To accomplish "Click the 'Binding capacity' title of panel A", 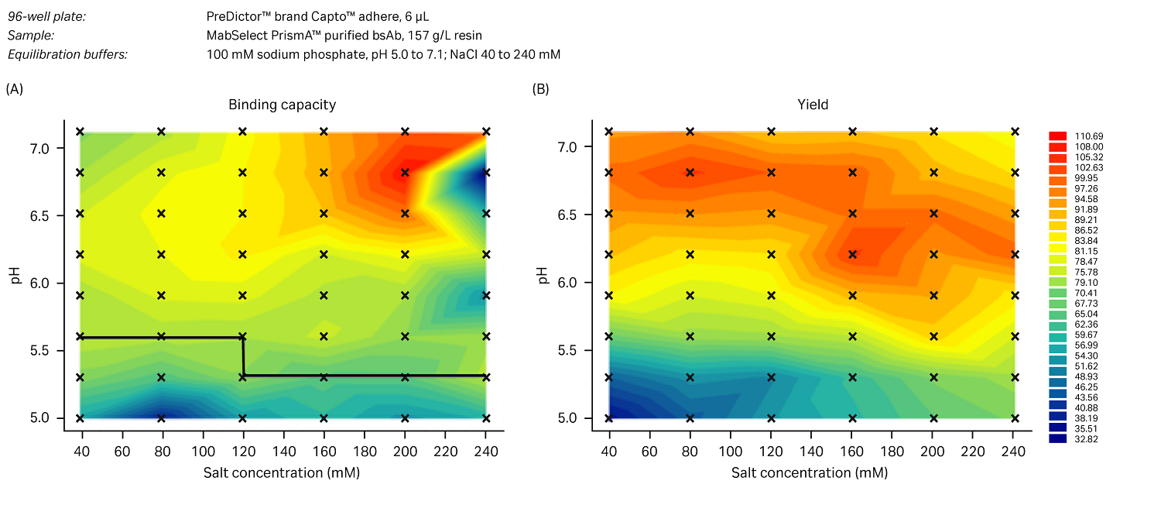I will [x=282, y=105].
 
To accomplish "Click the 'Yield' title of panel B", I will [x=812, y=105].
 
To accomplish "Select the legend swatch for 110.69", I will [x=1057, y=136].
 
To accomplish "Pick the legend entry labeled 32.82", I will [x=1057, y=438].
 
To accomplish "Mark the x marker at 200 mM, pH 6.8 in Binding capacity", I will [x=405, y=173].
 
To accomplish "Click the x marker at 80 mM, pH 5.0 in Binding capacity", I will [x=161, y=418].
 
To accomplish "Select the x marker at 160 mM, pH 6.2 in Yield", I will [x=852, y=254].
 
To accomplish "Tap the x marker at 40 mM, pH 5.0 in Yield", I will [x=608, y=418].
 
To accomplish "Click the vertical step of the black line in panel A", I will [x=243, y=356].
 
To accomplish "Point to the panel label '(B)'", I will [x=540, y=89].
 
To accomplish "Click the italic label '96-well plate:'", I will [x=46, y=15].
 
